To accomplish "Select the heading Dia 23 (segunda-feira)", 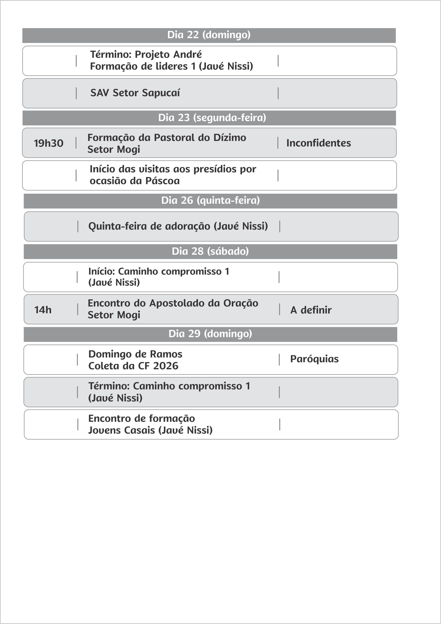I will coord(212,118).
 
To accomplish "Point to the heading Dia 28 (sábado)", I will coord(210,251).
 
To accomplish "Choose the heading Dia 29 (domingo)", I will coord(210,334).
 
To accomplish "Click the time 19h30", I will coord(49,143).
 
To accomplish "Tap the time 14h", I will coord(43,310).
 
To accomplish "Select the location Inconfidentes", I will coord(318,143).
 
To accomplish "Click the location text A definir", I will coord(311,310).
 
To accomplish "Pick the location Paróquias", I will coord(314,359).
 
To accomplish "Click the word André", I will coord(188,55).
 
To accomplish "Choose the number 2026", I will coord(165,366).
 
